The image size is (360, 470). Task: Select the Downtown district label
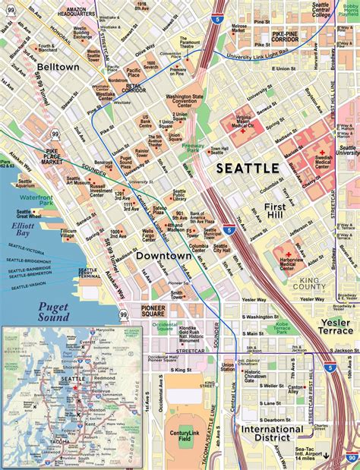coord(163,256)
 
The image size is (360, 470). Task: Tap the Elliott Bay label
coord(14,230)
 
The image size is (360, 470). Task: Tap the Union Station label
coord(227,368)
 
